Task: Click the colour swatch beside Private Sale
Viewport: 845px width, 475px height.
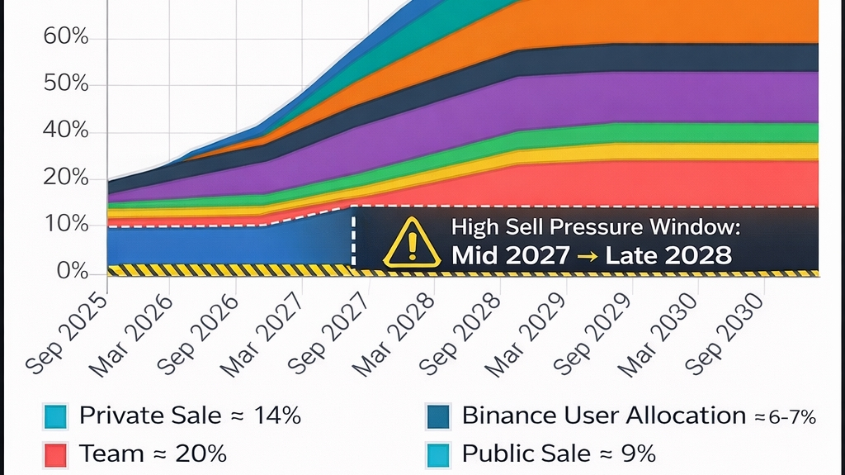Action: tap(55, 416)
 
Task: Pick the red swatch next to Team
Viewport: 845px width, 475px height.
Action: tap(55, 454)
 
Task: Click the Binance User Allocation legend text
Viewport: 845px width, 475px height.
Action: tap(605, 416)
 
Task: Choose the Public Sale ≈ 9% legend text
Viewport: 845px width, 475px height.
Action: tap(558, 454)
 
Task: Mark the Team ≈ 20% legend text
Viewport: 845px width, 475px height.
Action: tap(153, 454)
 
